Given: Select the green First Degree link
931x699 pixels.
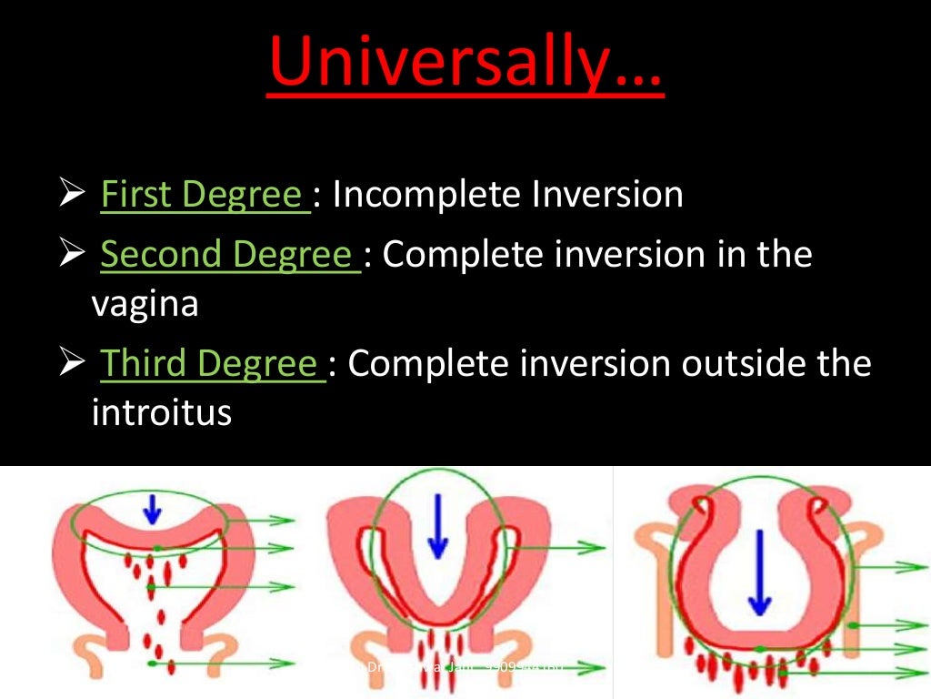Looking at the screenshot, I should [x=204, y=195].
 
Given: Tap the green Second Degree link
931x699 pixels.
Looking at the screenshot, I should [x=229, y=255].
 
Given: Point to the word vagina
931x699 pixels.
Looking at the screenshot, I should [x=145, y=304].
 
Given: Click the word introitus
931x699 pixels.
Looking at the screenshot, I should [x=162, y=413].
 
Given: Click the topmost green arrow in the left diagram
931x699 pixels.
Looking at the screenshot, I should [x=273, y=520].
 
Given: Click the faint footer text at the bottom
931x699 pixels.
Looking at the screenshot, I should [x=464, y=667].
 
